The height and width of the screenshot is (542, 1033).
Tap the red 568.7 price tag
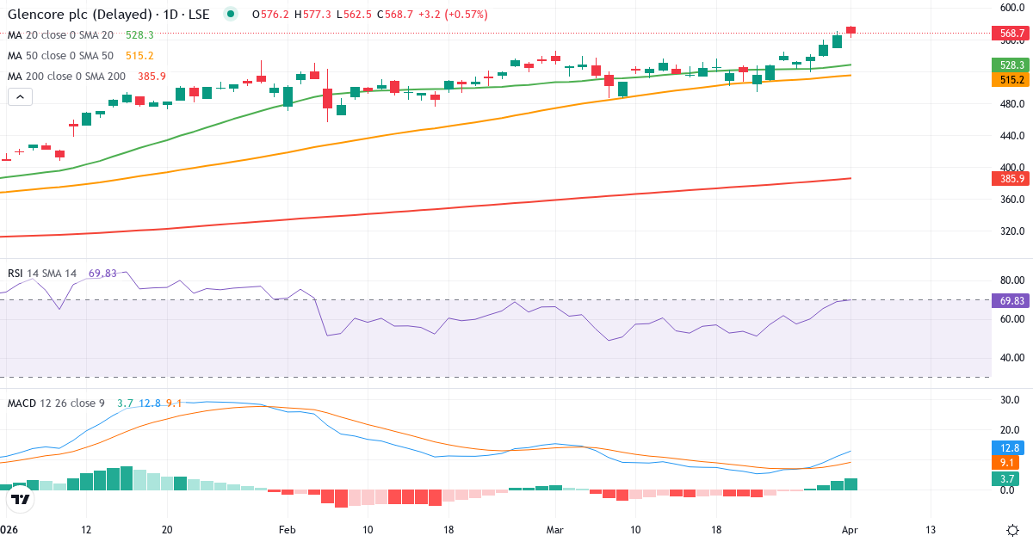coord(1011,34)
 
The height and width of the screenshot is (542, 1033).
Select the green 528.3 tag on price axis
coord(1011,65)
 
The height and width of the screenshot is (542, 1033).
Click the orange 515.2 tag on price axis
coord(1011,79)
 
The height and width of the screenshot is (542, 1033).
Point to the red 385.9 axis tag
coord(1011,179)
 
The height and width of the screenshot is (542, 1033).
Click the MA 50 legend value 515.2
coord(139,55)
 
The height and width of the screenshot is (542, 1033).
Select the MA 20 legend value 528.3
coord(139,35)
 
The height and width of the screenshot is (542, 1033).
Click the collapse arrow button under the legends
coord(20,97)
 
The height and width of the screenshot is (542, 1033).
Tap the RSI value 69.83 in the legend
coord(102,274)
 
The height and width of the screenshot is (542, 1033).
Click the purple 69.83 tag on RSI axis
coord(1011,300)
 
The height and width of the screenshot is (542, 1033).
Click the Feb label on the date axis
coord(288,530)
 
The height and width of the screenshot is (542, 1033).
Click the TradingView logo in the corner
coord(22,499)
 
